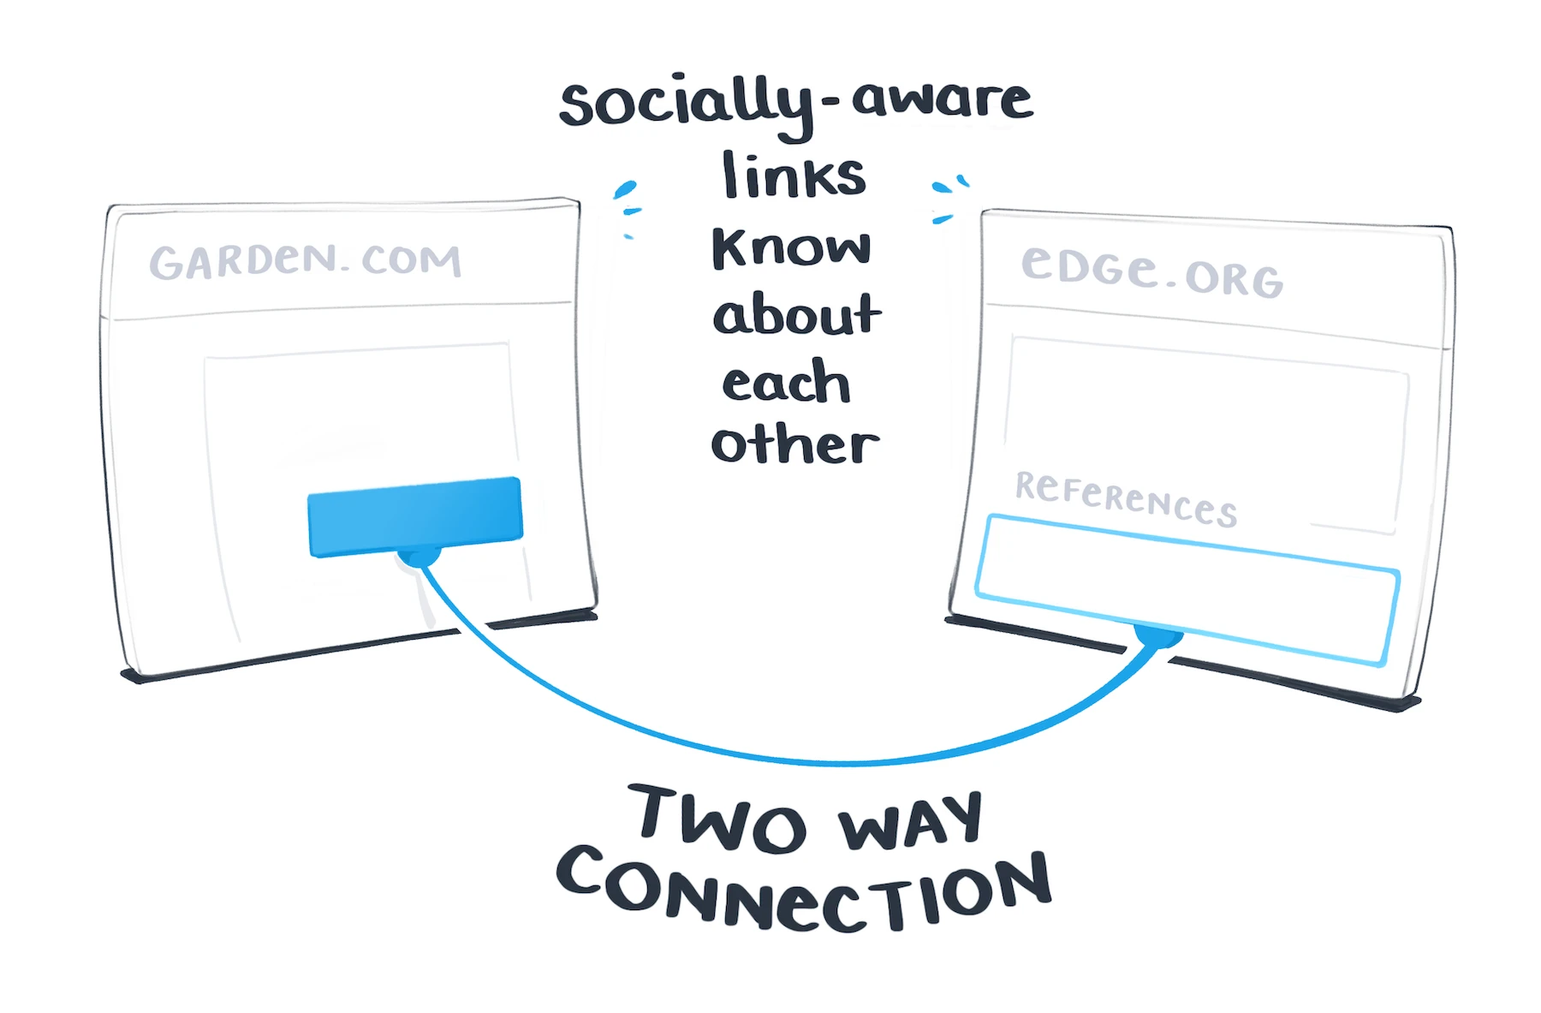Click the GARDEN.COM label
tap(306, 261)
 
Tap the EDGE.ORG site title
tap(1151, 271)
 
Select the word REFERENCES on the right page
tap(1126, 498)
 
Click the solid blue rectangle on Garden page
tap(415, 516)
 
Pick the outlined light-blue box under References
tap(1187, 588)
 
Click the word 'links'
tap(794, 176)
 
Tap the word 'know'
tap(791, 248)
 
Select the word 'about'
tap(796, 314)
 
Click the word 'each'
tap(786, 383)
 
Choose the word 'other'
tap(794, 445)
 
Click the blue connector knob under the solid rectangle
tap(419, 557)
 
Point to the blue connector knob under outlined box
tap(1157, 636)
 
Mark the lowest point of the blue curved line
tap(843, 761)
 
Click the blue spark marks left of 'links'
tap(628, 206)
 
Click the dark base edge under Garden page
tap(360, 647)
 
